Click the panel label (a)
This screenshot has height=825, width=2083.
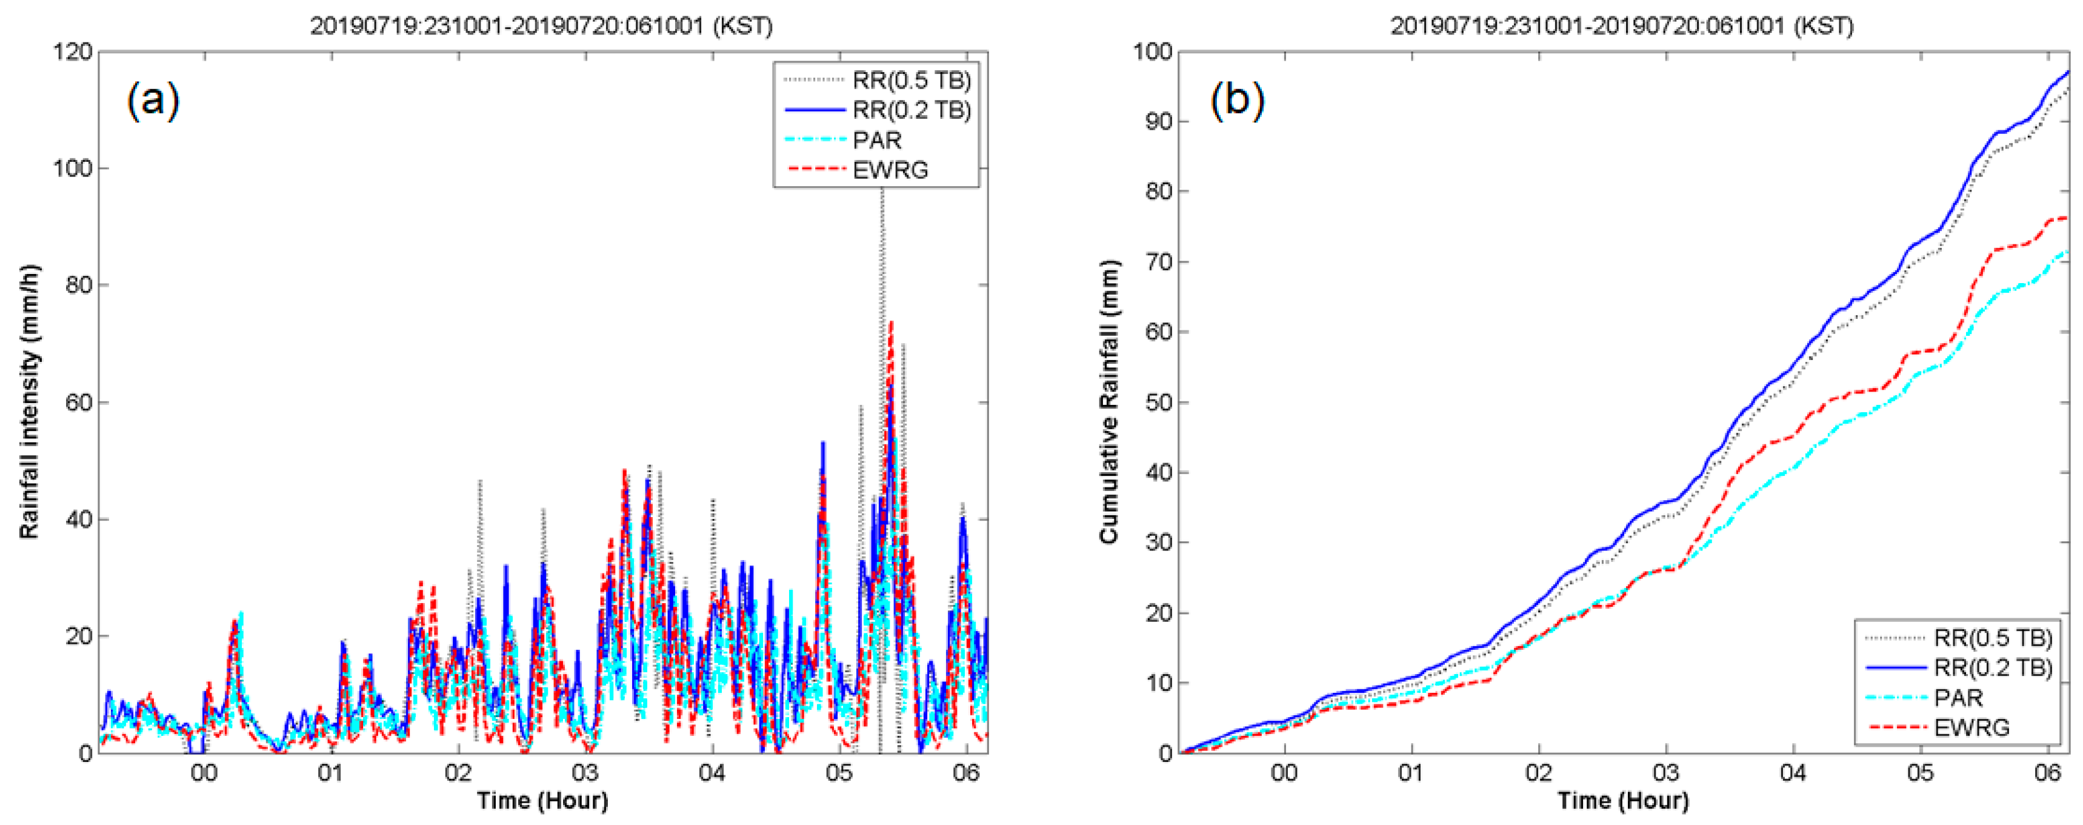coord(153,101)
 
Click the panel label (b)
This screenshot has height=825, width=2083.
coord(1236,101)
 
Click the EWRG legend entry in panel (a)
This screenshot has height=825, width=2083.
coord(890,170)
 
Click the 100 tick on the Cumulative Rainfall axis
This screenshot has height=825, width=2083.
coord(1152,52)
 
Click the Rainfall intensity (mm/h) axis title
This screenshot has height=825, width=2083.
coord(30,402)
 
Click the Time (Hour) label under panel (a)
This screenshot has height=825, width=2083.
coord(542,801)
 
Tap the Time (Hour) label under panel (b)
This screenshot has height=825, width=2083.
coord(1623,801)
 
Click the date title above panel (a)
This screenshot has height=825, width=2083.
coord(542,26)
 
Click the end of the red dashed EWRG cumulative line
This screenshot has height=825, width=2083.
coord(2067,218)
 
